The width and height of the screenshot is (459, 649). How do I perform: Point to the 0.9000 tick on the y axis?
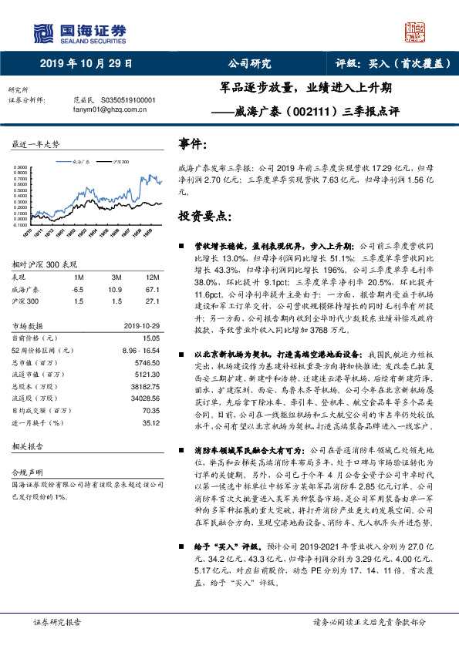click(x=21, y=166)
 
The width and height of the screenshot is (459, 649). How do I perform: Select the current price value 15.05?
click(x=150, y=337)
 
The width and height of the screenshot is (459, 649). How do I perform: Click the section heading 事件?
click(x=192, y=143)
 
